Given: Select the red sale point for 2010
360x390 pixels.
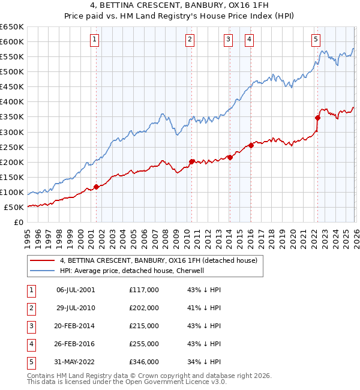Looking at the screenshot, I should (x=191, y=161).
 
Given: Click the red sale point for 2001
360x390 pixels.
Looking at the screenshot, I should (x=96, y=187).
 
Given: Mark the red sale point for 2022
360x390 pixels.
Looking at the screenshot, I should (x=317, y=118).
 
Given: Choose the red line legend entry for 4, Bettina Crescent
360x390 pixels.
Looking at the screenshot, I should (x=158, y=260).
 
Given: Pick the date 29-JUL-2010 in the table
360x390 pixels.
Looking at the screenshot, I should (x=76, y=308).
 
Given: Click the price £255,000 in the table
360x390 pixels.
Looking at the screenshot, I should (x=144, y=344).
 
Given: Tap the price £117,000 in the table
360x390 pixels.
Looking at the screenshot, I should (x=144, y=290).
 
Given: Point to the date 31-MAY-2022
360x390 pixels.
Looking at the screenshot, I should (x=76, y=362).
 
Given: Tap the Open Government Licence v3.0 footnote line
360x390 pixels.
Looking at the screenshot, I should (x=127, y=382).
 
